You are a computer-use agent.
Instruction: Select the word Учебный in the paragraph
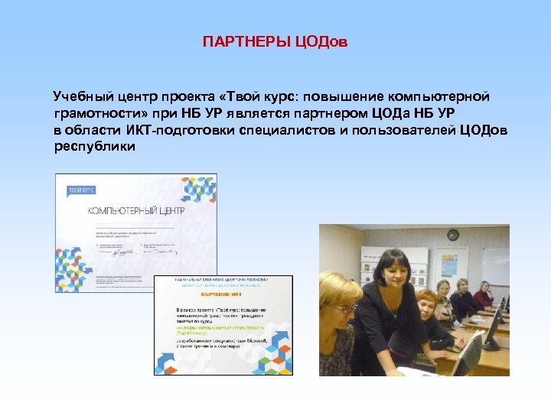point(82,98)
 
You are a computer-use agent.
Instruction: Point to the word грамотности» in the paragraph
point(98,114)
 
